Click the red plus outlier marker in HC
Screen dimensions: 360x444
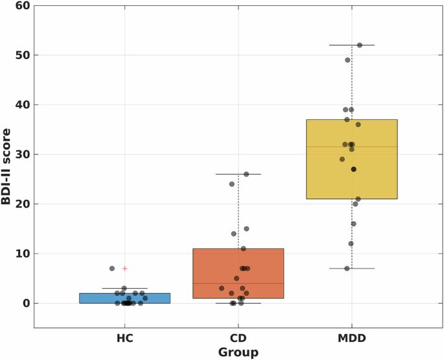tap(125, 268)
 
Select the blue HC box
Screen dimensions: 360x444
tap(124, 298)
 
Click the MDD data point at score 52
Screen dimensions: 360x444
tap(360, 45)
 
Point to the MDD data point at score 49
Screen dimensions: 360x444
tap(347, 60)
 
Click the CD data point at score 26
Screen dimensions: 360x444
tap(246, 174)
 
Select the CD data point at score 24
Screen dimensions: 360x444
tap(231, 184)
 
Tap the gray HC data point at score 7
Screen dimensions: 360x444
tap(111, 269)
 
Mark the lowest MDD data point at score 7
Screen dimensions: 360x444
tap(347, 269)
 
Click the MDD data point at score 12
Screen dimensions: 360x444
tap(351, 243)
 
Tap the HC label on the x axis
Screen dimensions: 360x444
tap(124, 338)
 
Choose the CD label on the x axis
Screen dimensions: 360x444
tap(238, 338)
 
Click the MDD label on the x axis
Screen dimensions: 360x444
tap(351, 338)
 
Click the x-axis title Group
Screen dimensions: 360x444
tap(238, 352)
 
